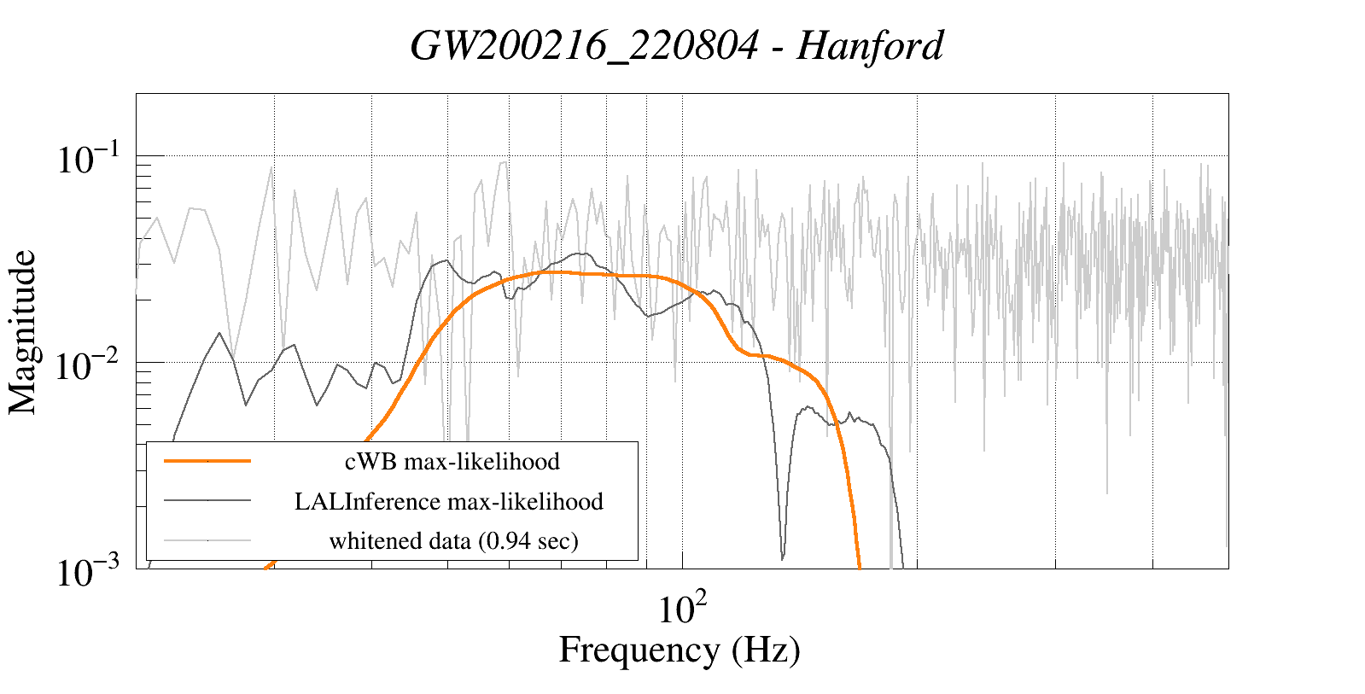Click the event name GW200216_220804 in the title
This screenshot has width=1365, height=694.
(x=584, y=46)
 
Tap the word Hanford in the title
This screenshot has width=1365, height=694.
(x=870, y=46)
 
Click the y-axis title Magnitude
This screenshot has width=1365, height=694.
(x=23, y=332)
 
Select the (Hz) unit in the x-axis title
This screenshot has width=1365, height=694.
(x=766, y=650)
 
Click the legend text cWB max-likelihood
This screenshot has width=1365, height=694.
(x=452, y=461)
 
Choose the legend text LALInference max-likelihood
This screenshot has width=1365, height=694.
(x=449, y=501)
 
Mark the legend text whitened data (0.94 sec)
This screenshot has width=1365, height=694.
(x=453, y=540)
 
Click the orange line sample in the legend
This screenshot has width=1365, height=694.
(x=207, y=461)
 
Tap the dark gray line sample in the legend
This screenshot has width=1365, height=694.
(x=207, y=501)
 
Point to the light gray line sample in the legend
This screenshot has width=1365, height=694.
(x=207, y=540)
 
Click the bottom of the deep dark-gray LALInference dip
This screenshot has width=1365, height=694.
(x=783, y=558)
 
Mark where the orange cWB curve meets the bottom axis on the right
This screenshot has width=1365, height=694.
(x=860, y=566)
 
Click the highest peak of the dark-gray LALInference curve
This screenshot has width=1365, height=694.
(x=580, y=254)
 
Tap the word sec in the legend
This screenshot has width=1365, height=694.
(x=554, y=540)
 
